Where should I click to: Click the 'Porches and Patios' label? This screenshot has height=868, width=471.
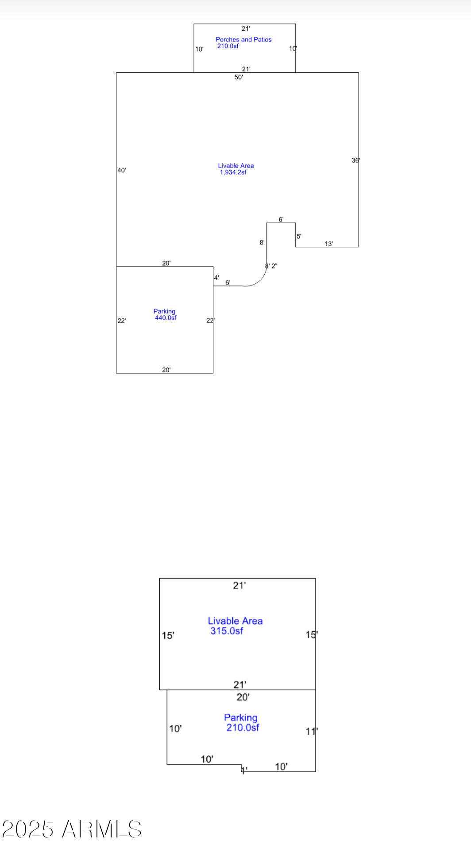(x=243, y=39)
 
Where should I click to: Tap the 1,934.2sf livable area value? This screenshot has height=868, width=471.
(x=233, y=172)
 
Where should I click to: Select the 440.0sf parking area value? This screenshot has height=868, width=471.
(x=166, y=318)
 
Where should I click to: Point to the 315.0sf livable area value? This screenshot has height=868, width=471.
(x=227, y=631)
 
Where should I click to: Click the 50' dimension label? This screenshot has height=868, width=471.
(x=239, y=77)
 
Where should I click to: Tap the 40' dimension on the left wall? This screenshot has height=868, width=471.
(x=122, y=170)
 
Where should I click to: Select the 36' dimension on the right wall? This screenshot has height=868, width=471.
(x=356, y=160)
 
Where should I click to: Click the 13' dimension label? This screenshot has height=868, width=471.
(x=329, y=244)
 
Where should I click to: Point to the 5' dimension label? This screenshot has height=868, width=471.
(x=299, y=236)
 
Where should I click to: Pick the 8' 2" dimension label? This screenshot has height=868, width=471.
(x=271, y=266)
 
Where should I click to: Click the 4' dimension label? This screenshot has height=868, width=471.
(x=216, y=278)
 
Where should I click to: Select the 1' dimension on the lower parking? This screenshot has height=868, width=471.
(x=244, y=770)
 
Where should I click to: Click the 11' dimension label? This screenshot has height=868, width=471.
(x=312, y=731)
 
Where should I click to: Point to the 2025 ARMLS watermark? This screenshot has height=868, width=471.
(x=72, y=829)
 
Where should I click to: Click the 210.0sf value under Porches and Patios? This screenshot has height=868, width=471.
(x=228, y=46)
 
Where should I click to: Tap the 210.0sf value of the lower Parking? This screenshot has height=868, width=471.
(x=243, y=727)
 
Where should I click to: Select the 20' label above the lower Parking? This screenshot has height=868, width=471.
(x=243, y=697)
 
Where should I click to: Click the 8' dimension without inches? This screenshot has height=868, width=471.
(x=262, y=242)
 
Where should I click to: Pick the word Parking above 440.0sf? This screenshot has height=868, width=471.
(x=164, y=312)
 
